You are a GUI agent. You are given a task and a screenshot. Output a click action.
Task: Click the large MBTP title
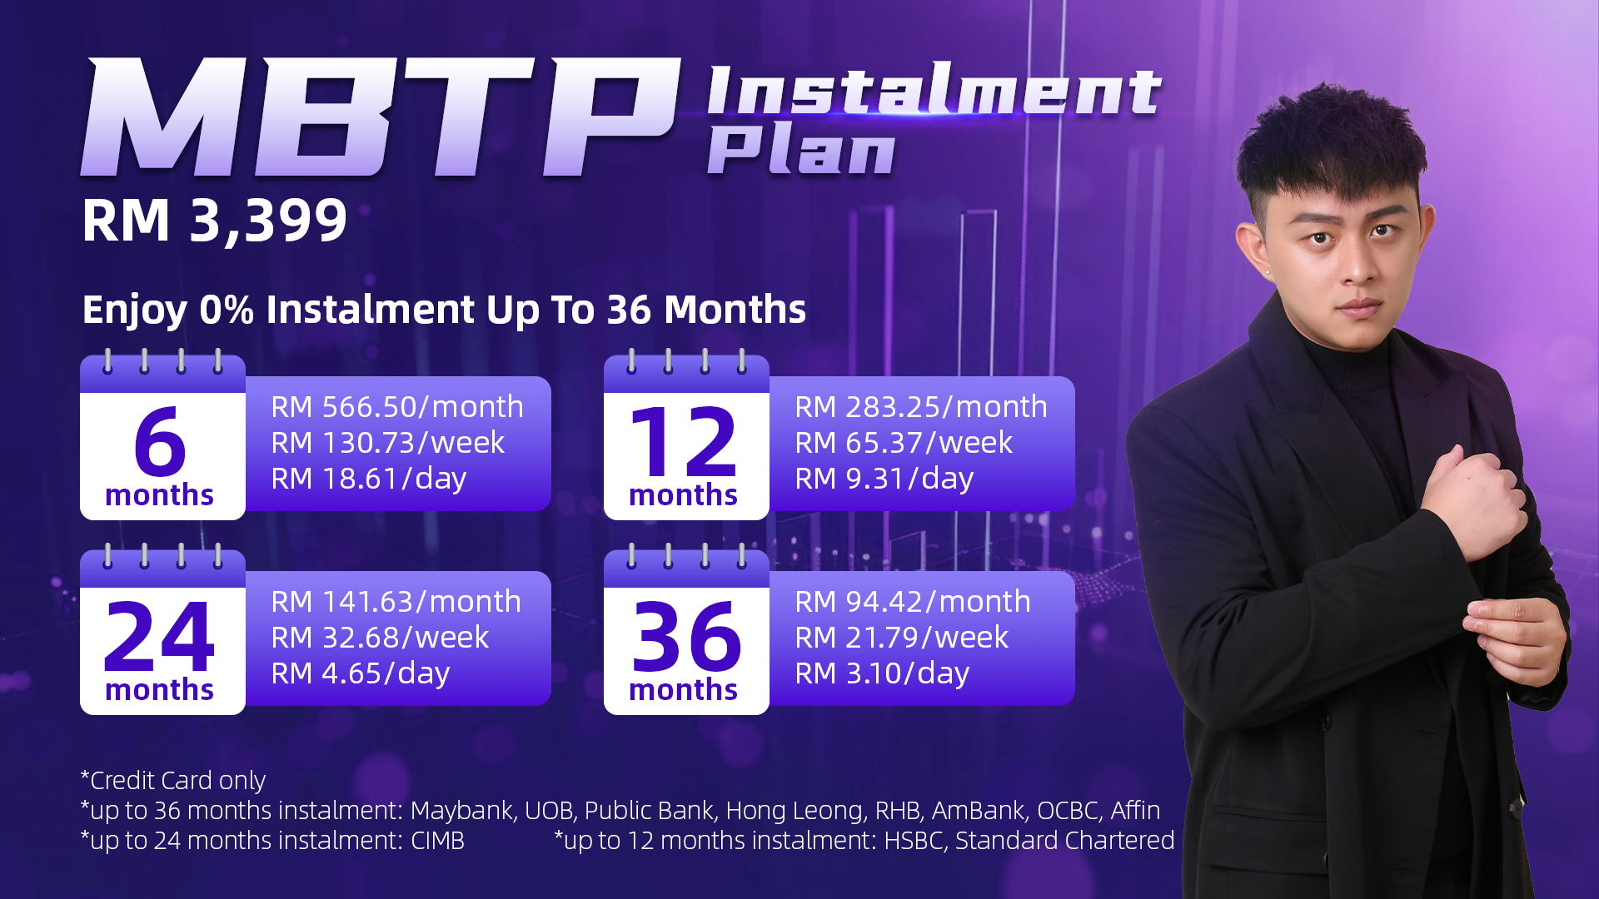pyautogui.click(x=381, y=117)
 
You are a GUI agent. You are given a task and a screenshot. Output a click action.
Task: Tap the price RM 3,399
pyautogui.click(x=215, y=221)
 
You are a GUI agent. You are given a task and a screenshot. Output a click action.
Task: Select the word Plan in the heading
pyautogui.click(x=801, y=151)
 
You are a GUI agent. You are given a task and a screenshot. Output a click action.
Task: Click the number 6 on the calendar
pyautogui.click(x=159, y=440)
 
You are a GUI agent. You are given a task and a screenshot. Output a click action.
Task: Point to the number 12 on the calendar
pyautogui.click(x=684, y=440)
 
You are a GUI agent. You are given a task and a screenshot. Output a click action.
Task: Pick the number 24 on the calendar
pyautogui.click(x=159, y=637)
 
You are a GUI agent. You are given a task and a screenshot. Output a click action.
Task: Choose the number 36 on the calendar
pyautogui.click(x=686, y=637)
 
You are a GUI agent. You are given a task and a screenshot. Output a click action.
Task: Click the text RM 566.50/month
pyautogui.click(x=397, y=407)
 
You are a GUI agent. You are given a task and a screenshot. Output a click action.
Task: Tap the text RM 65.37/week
pyautogui.click(x=904, y=443)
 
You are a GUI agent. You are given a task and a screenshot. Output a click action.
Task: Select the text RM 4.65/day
pyautogui.click(x=361, y=673)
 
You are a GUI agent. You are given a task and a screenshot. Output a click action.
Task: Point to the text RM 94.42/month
pyautogui.click(x=913, y=602)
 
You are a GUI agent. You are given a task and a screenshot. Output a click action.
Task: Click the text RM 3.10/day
pyautogui.click(x=882, y=673)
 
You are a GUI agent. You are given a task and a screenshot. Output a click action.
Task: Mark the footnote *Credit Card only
pyautogui.click(x=173, y=781)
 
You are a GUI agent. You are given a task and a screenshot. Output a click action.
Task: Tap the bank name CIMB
pyautogui.click(x=437, y=841)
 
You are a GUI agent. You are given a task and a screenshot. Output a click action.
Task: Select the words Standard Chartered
pyautogui.click(x=1064, y=841)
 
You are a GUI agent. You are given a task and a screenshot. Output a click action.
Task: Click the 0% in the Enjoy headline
pyautogui.click(x=227, y=310)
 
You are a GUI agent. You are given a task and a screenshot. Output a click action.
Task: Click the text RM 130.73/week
pyautogui.click(x=387, y=443)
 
